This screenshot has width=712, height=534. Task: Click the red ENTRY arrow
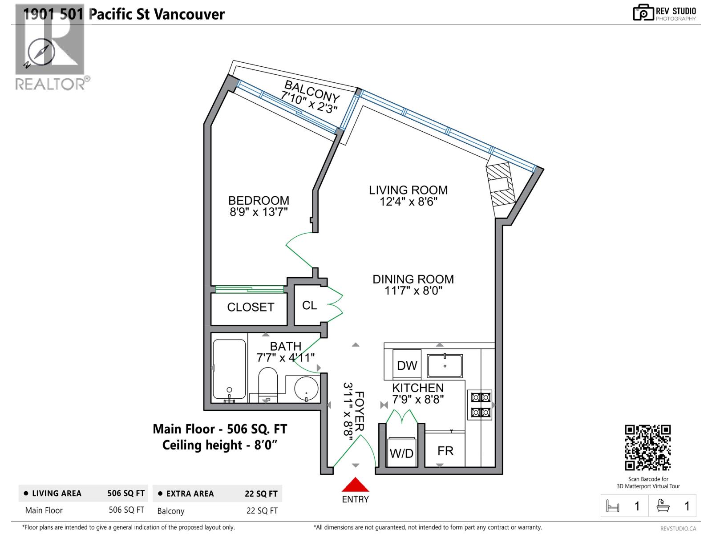(355, 485)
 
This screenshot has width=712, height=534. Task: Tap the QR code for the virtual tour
(648, 448)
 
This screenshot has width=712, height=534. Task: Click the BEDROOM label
(259, 201)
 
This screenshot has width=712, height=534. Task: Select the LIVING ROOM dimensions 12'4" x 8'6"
(408, 202)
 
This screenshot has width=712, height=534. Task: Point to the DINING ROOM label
(413, 279)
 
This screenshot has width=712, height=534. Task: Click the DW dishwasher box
(407, 365)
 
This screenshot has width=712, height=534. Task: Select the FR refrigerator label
(445, 451)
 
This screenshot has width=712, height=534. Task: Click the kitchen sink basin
(445, 366)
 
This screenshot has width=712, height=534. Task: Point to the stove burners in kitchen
(480, 405)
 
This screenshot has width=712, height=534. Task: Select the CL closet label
(309, 305)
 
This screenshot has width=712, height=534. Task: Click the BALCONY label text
(312, 91)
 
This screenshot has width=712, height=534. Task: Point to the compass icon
(41, 53)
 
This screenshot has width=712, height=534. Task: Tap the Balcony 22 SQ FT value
(262, 511)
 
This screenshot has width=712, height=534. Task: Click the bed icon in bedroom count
(613, 506)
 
